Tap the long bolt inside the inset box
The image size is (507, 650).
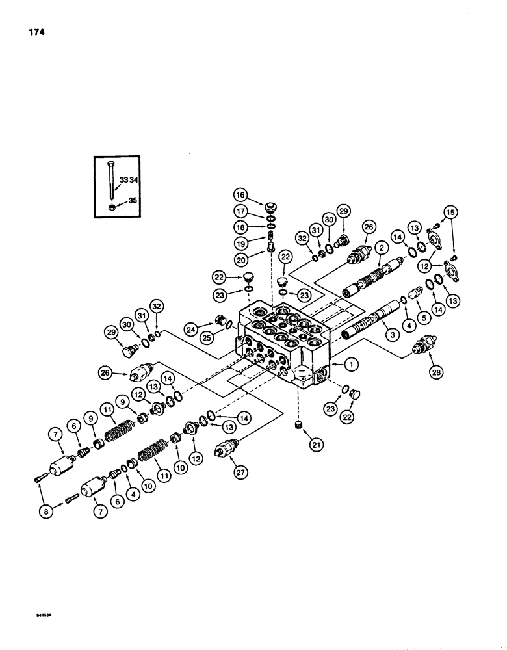(x=112, y=185)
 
